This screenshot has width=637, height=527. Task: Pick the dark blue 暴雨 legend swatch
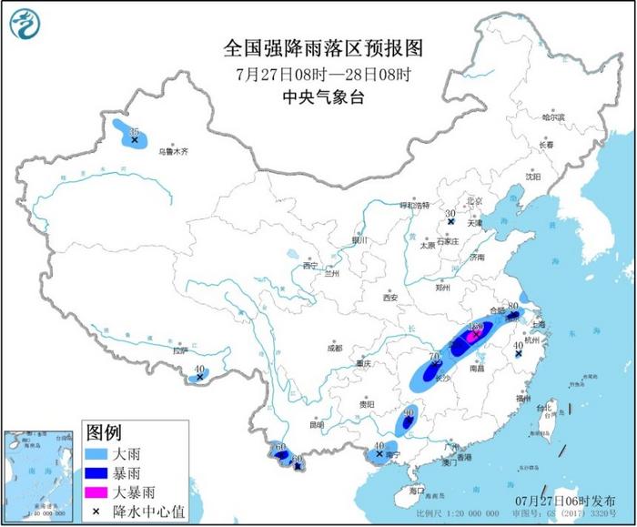100,471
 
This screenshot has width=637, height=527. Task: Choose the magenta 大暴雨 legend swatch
100,492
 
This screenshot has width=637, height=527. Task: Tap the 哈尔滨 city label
553,117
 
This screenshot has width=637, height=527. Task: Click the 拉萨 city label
180,350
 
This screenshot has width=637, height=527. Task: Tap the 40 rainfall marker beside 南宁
379,452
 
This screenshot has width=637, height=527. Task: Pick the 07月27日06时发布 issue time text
570,501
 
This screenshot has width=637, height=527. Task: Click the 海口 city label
418,492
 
